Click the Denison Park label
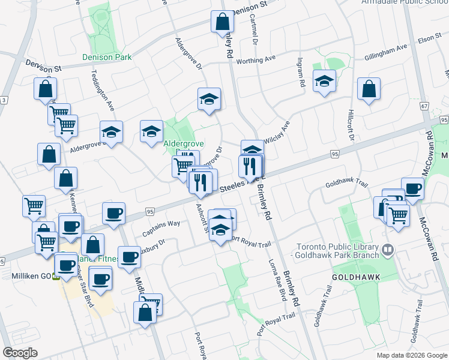point(107,58)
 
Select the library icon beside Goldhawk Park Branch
point(388,248)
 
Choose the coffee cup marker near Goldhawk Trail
point(412,188)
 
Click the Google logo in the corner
point(20,352)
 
